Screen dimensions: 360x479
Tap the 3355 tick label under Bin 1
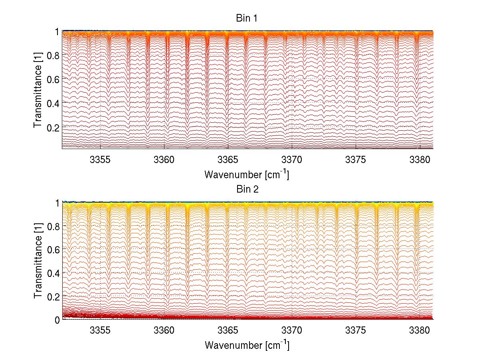(x=100, y=160)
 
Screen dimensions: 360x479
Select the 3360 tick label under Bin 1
(x=164, y=160)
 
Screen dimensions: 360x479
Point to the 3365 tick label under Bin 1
(x=228, y=160)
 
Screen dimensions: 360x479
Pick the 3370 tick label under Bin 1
(x=292, y=160)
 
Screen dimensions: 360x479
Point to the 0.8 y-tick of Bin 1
(x=53, y=55)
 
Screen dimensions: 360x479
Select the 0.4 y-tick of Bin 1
(x=53, y=103)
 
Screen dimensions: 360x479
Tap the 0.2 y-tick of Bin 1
(x=53, y=127)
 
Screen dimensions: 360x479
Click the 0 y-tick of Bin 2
(x=57, y=320)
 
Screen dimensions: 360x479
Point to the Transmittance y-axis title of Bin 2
(x=38, y=261)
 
